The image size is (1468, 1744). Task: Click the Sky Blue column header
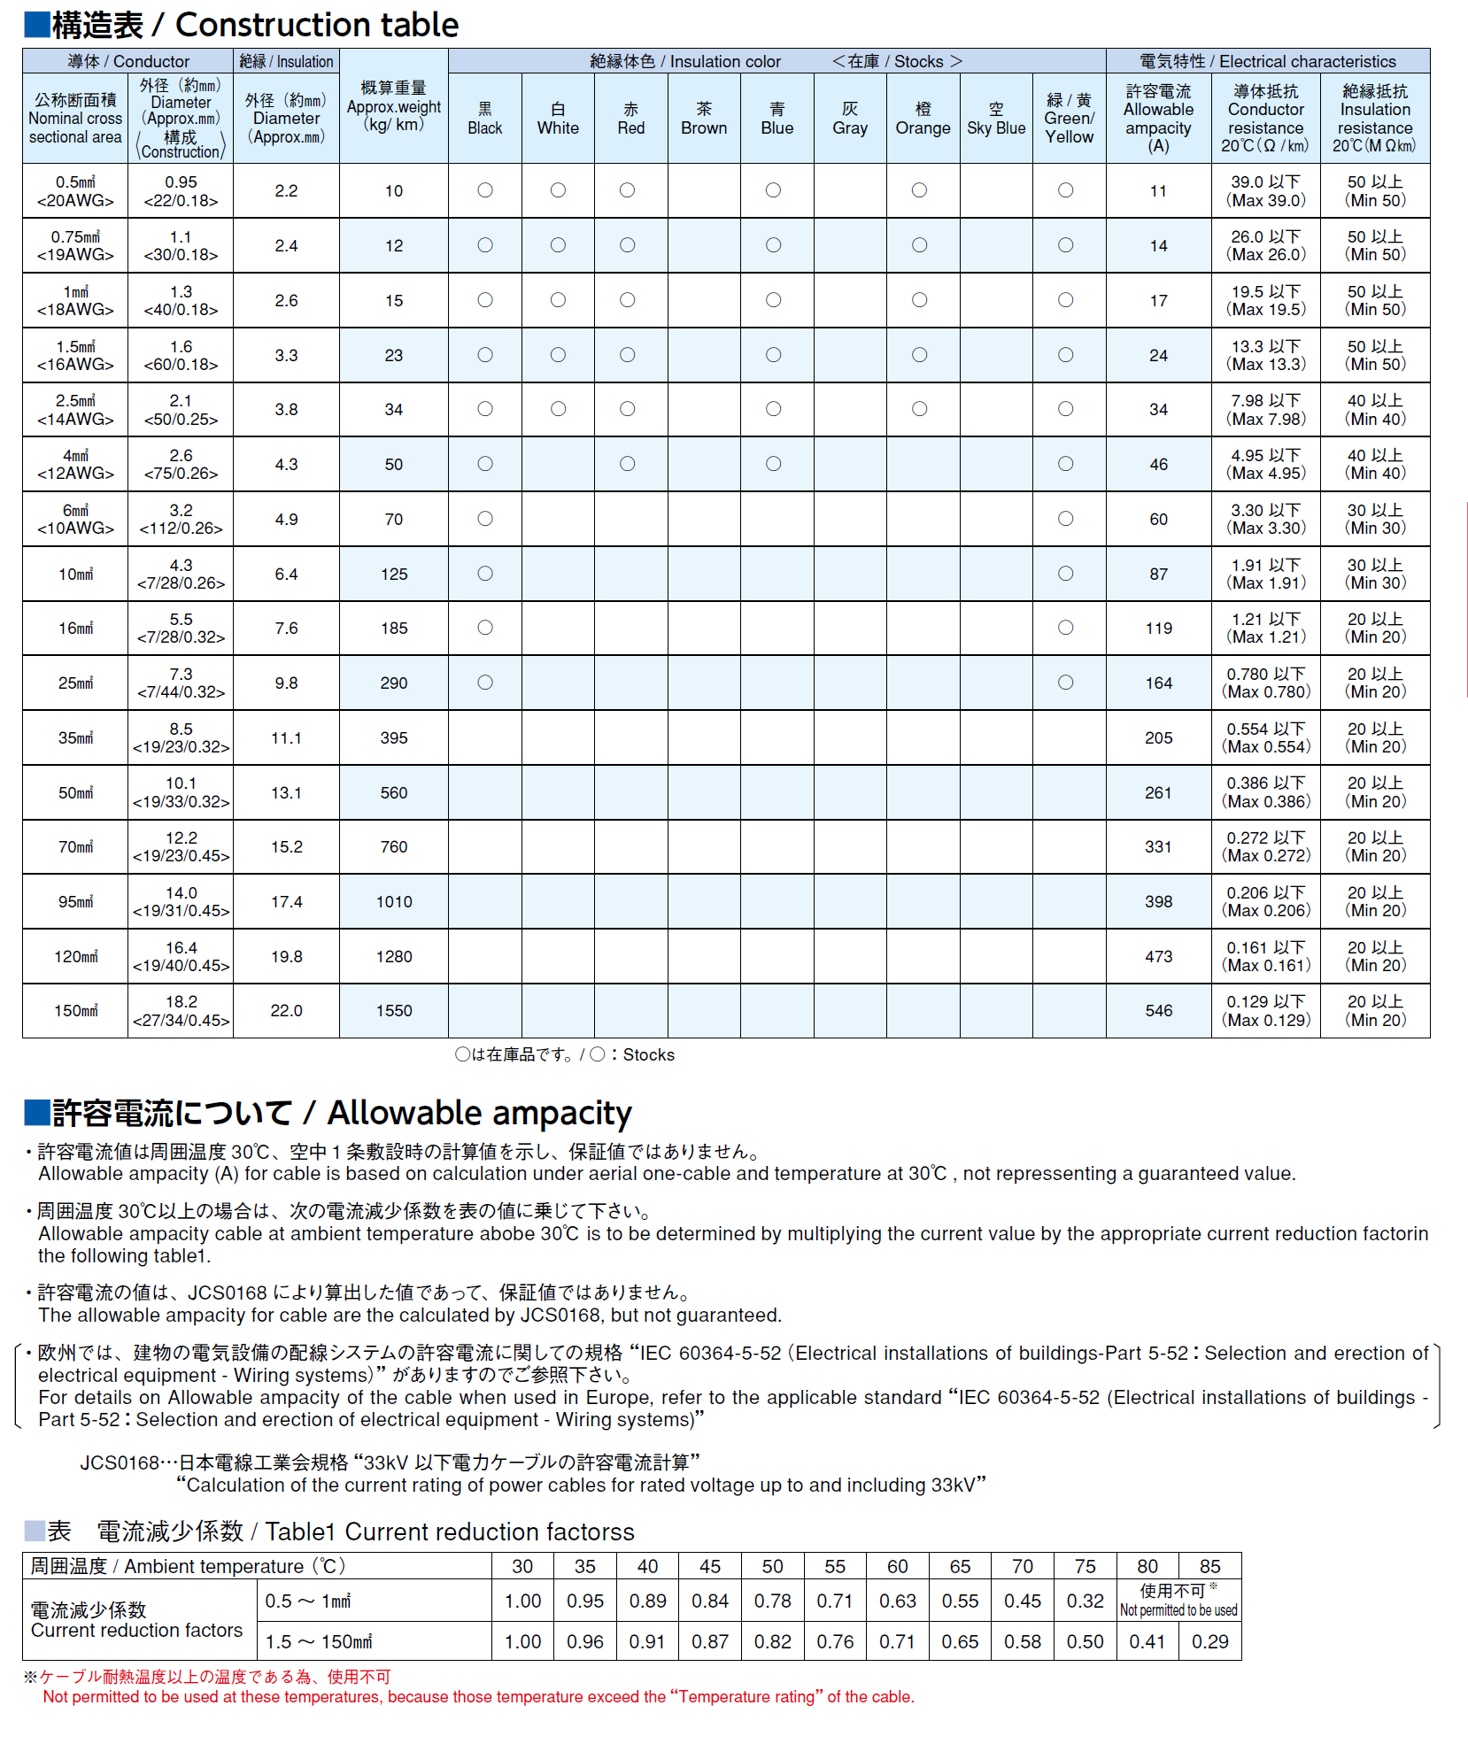pyautogui.click(x=996, y=120)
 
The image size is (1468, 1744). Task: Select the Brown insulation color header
pyautogui.click(x=704, y=120)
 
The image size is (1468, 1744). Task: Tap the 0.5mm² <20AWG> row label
pyautogui.click(x=75, y=191)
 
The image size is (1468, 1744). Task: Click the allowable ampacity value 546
pyautogui.click(x=1158, y=1011)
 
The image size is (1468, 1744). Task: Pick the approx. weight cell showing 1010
pyautogui.click(x=394, y=902)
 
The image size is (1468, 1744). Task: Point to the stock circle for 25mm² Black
pyautogui.click(x=485, y=683)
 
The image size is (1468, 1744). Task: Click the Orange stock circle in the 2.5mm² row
pyautogui.click(x=920, y=409)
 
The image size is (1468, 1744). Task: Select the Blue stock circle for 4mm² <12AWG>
pyautogui.click(x=774, y=464)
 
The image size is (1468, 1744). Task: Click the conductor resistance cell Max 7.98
pyautogui.click(x=1266, y=411)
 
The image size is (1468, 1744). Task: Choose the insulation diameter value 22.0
pyautogui.click(x=286, y=1011)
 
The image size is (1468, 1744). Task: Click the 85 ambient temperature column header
pyautogui.click(x=1209, y=1566)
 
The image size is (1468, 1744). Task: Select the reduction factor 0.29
pyautogui.click(x=1209, y=1641)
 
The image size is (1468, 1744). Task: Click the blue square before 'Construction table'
pyautogui.click(x=36, y=25)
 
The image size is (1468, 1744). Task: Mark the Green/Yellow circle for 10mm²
pyautogui.click(x=1066, y=574)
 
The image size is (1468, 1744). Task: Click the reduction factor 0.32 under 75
pyautogui.click(x=1085, y=1601)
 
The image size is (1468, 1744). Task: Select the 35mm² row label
pyautogui.click(x=75, y=738)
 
